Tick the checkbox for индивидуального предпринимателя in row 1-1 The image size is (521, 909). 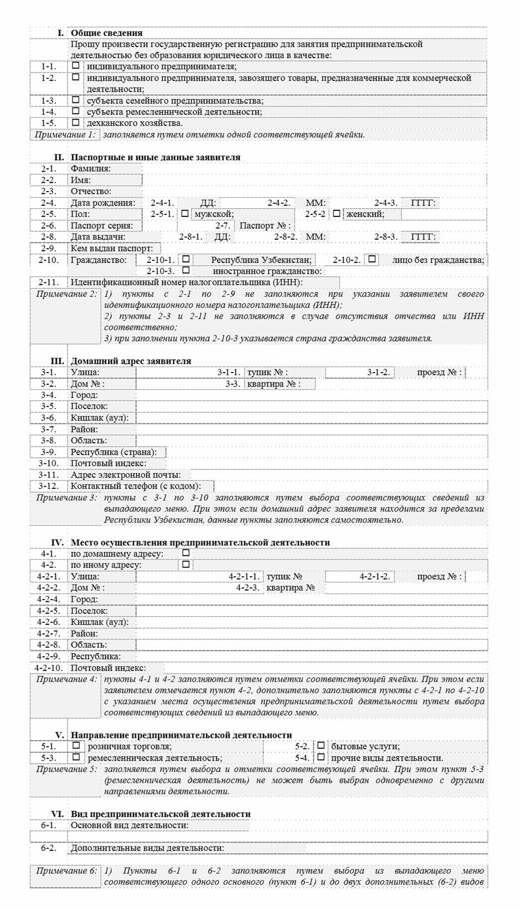(76, 65)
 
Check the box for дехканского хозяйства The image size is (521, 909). (76, 122)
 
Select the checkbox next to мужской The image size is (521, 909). (185, 213)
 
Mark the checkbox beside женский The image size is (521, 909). (337, 213)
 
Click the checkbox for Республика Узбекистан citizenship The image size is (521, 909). (187, 259)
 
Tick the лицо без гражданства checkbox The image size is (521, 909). (373, 259)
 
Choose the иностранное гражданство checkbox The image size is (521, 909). (187, 270)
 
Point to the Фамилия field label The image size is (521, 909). (91, 168)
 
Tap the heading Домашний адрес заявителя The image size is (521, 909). (131, 361)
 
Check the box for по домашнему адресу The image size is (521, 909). (186, 552)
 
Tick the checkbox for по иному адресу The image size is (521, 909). (186, 564)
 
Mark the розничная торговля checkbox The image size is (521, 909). (76, 745)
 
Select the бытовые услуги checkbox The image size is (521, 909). (321, 745)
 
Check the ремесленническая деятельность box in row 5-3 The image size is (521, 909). (76, 757)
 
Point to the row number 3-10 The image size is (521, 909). (48, 463)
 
